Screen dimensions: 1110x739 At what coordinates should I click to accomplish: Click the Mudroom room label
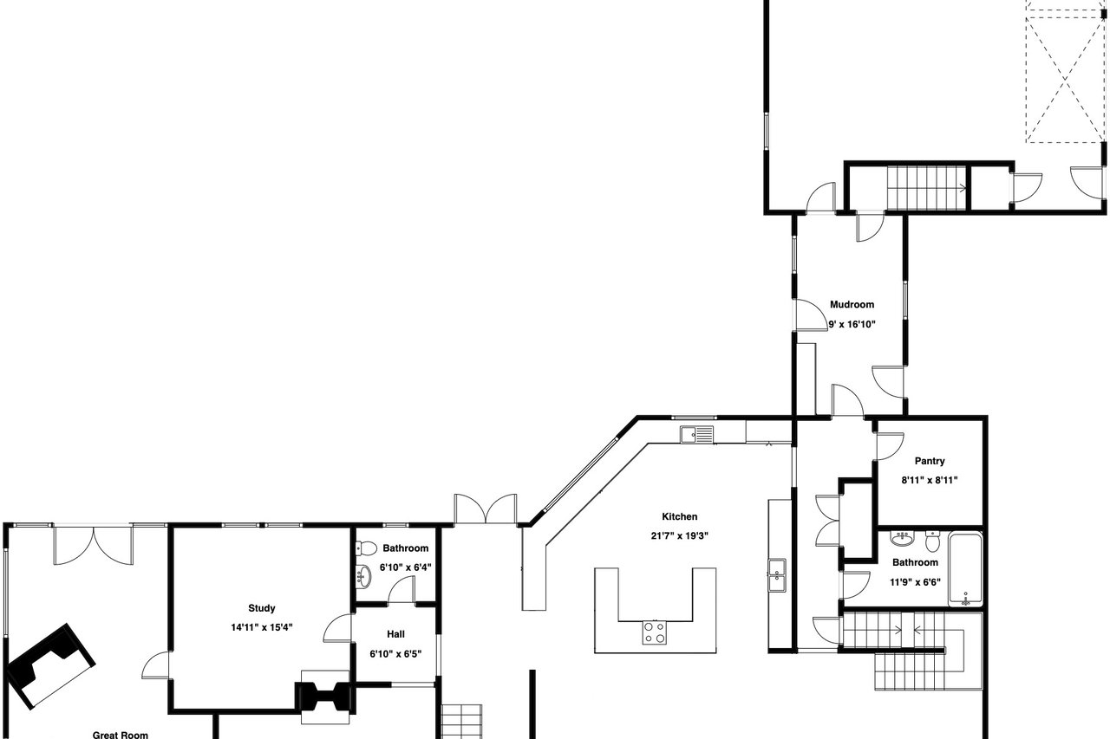point(852,304)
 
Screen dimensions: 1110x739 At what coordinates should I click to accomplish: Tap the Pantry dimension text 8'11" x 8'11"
point(929,480)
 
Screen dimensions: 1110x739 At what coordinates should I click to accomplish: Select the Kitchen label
point(679,516)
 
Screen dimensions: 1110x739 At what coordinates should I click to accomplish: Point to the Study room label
point(262,608)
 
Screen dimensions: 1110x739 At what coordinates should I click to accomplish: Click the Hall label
point(395,634)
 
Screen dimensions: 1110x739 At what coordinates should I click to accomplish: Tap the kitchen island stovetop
point(654,633)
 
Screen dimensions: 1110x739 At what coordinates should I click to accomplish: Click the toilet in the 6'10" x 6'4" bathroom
point(366,548)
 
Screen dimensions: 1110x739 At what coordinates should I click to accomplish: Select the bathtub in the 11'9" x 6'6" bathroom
point(965,569)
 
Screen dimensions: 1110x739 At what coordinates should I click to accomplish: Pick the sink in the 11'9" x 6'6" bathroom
point(903,539)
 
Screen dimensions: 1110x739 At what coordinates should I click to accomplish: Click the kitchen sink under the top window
point(696,435)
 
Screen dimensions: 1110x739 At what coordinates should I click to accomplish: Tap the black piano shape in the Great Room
point(50,664)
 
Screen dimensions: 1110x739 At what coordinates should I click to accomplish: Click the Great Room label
point(121,735)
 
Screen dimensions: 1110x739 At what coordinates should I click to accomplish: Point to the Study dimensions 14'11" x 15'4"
point(262,627)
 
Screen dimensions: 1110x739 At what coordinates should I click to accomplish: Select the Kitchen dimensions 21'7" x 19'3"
point(679,535)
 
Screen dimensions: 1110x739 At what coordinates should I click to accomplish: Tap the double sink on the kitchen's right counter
point(777,575)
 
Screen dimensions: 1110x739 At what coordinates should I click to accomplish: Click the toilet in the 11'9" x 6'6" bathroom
point(932,541)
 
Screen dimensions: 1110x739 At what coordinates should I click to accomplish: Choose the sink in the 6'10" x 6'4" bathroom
point(364,575)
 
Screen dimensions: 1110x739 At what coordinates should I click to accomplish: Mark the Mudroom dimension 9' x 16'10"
point(852,325)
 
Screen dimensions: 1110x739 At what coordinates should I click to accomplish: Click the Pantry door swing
point(891,445)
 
